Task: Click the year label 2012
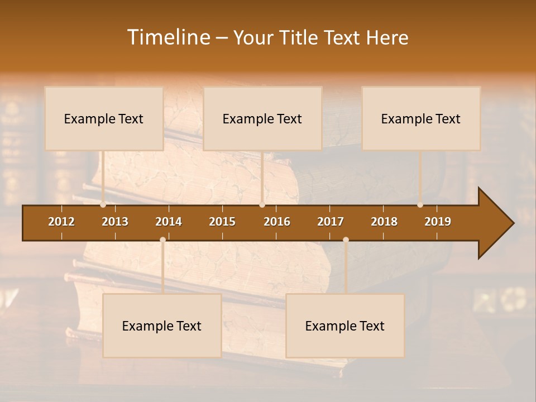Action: click(61, 222)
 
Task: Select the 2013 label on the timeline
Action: click(115, 222)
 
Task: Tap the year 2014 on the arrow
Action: click(169, 222)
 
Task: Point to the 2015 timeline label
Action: click(222, 222)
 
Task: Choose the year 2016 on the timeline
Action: click(277, 222)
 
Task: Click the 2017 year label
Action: click(331, 222)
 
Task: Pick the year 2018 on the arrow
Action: click(384, 222)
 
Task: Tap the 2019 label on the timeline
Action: click(438, 222)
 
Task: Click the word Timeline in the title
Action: click(168, 37)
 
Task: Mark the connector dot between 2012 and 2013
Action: click(103, 205)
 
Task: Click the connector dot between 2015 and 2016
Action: click(262, 205)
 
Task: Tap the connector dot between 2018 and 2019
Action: click(420, 205)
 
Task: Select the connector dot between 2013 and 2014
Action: click(162, 240)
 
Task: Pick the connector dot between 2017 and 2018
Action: click(346, 240)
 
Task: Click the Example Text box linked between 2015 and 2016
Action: click(262, 119)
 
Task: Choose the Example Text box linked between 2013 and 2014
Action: click(162, 326)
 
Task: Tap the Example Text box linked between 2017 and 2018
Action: click(345, 326)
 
